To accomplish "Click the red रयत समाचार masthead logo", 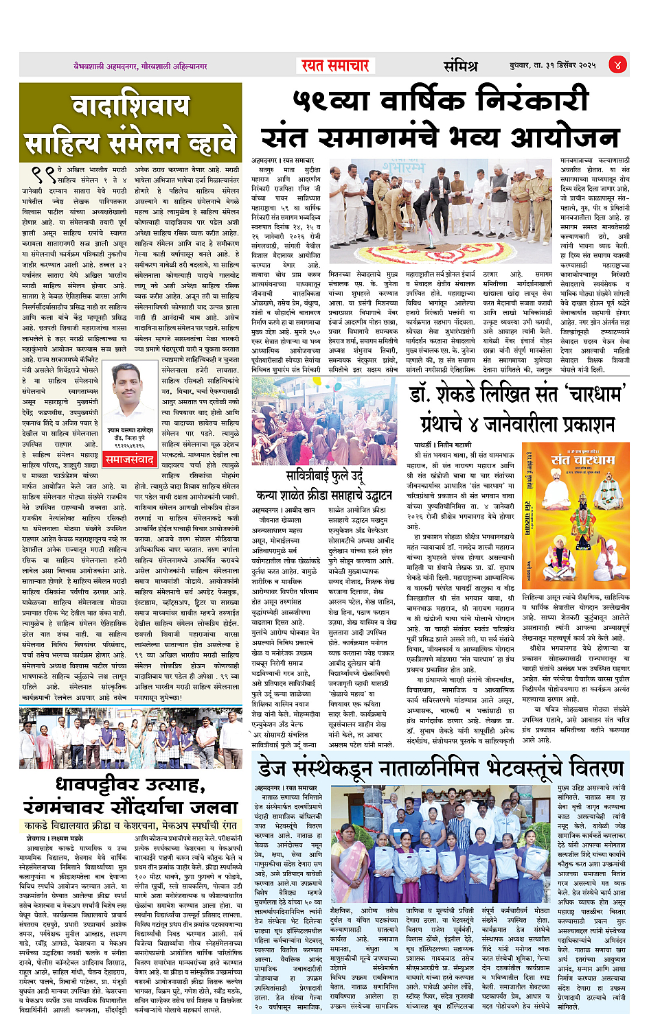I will coord(334,65).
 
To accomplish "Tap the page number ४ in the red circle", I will coord(617,65).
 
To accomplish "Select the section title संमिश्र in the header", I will coord(460,66).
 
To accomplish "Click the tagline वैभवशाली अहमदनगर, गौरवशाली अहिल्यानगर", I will coord(141,67).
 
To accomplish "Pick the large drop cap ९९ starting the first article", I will coord(43,174).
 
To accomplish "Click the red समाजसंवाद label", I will coord(130,460).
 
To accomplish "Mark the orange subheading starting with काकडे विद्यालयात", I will coord(130,825).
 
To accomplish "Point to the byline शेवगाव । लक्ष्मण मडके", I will coord(55,838).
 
